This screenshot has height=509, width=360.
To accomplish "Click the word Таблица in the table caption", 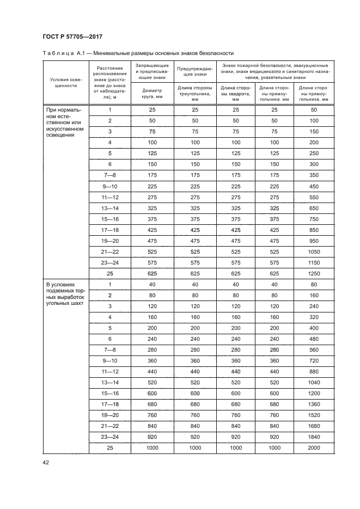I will [x=58, y=53].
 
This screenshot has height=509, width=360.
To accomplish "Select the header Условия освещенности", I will [x=65, y=82].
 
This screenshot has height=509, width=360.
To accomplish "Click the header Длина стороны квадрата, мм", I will [x=235, y=94].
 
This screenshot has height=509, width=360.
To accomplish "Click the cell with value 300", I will [x=313, y=164].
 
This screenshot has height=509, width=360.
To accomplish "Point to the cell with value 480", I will [x=313, y=338].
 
